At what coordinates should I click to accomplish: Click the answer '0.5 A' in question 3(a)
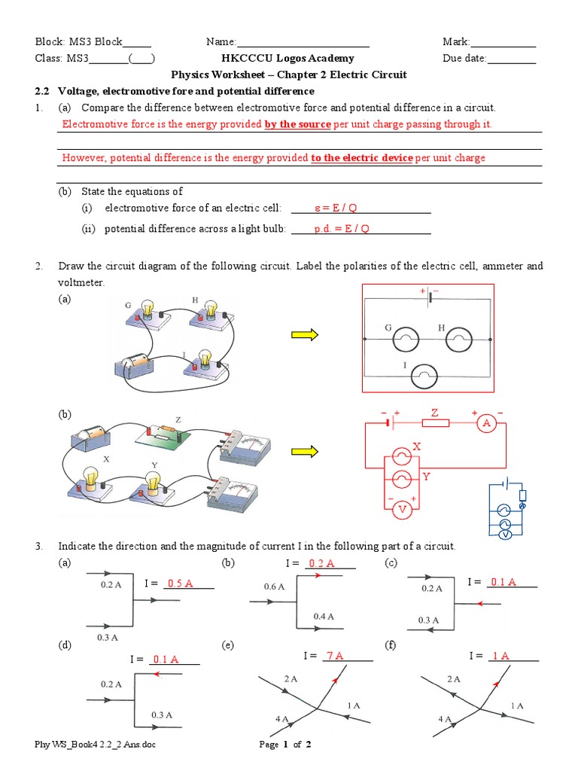(180, 583)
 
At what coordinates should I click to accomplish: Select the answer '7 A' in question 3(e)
(333, 656)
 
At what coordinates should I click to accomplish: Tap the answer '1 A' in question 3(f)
(500, 656)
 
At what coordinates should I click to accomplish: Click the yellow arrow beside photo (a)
(304, 336)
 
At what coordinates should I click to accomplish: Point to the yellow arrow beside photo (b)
(304, 451)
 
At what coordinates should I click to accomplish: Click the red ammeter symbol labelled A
(487, 424)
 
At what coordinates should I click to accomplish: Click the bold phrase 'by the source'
(297, 124)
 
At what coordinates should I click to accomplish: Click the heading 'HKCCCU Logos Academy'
(287, 58)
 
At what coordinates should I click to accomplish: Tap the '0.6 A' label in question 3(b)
(274, 587)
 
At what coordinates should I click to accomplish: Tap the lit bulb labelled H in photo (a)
(211, 309)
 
